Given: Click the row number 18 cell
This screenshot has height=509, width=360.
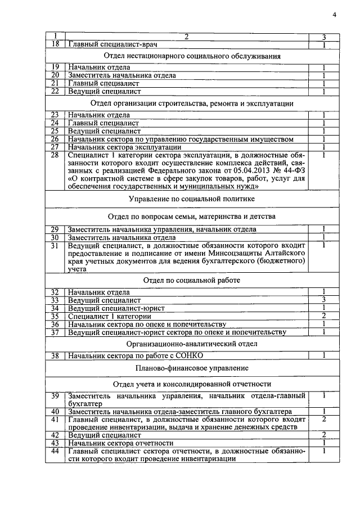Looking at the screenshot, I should point(55,44).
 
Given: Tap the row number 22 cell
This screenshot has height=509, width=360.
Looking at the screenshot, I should point(55,91).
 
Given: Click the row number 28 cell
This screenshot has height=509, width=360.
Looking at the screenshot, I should point(55,155).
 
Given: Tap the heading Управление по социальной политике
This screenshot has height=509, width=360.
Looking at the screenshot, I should point(192,199).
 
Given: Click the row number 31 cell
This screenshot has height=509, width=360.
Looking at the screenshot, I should point(55,246).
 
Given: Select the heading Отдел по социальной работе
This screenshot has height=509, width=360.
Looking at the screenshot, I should point(192,280).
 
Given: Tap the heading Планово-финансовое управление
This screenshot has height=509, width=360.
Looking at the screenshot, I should point(192,368).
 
